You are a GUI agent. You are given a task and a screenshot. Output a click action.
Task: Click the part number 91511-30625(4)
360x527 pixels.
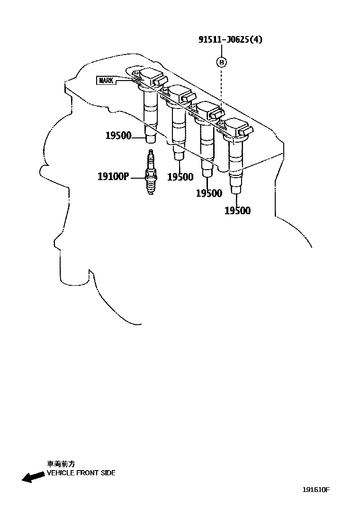[x=230, y=40]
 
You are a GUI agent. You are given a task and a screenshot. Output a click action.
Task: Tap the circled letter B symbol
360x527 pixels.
[x=221, y=62]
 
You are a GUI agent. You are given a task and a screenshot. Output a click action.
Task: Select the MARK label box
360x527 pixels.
[x=106, y=80]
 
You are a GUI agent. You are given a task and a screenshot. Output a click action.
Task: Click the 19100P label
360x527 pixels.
[x=113, y=177]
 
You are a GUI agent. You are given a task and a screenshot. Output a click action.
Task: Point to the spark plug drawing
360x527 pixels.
[x=151, y=173]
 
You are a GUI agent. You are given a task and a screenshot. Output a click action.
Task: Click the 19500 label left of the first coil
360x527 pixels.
[x=118, y=136]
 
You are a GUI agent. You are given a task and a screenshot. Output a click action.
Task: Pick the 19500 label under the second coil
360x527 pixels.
[x=180, y=177]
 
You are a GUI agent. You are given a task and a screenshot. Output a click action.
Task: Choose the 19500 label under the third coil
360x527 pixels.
[x=209, y=193]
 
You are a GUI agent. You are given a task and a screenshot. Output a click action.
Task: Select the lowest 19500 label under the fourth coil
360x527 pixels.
[x=237, y=211]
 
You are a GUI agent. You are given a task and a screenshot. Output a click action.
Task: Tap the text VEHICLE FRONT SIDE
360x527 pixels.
[x=81, y=473]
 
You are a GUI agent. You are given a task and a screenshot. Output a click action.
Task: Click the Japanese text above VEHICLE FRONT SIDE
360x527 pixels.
[x=61, y=464]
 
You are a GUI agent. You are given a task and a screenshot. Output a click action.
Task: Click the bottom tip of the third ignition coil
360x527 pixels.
[x=207, y=173]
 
